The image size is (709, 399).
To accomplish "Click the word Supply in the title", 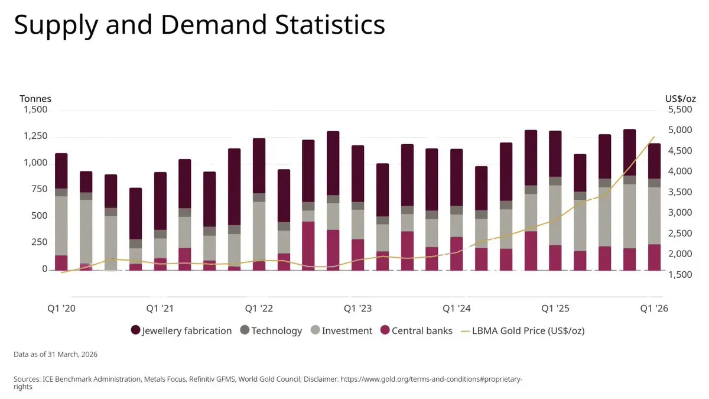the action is point(56,25).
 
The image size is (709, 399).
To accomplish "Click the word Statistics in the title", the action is point(330,24).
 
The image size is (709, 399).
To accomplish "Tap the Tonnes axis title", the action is point(35,99).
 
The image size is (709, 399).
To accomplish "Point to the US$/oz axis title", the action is point(681,99).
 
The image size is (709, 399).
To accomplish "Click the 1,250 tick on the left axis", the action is point(35,136).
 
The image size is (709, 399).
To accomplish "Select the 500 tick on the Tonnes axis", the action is point(38,216).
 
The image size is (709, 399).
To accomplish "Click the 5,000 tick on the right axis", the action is point(680,130).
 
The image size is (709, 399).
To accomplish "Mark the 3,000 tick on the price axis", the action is point(680,212).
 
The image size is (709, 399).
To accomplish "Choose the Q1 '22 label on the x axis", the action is point(259,309).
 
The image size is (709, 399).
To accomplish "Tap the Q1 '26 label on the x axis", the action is point(654,309).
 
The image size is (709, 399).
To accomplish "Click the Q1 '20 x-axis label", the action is point(61,309).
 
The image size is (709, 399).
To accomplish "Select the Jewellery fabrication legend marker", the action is point(135,330).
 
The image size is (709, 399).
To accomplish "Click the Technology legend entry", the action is point(271,330).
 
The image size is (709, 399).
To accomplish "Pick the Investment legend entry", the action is point(342,330).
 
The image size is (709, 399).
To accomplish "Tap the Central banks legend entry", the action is point(416,330).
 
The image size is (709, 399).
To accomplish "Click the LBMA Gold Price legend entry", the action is point(522,330).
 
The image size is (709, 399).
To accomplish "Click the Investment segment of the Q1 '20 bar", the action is point(61,226).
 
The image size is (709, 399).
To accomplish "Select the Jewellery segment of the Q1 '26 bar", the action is point(654,161).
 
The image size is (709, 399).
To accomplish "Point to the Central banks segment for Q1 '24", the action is point(456,254).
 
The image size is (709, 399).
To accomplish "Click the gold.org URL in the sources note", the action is point(431,379).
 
